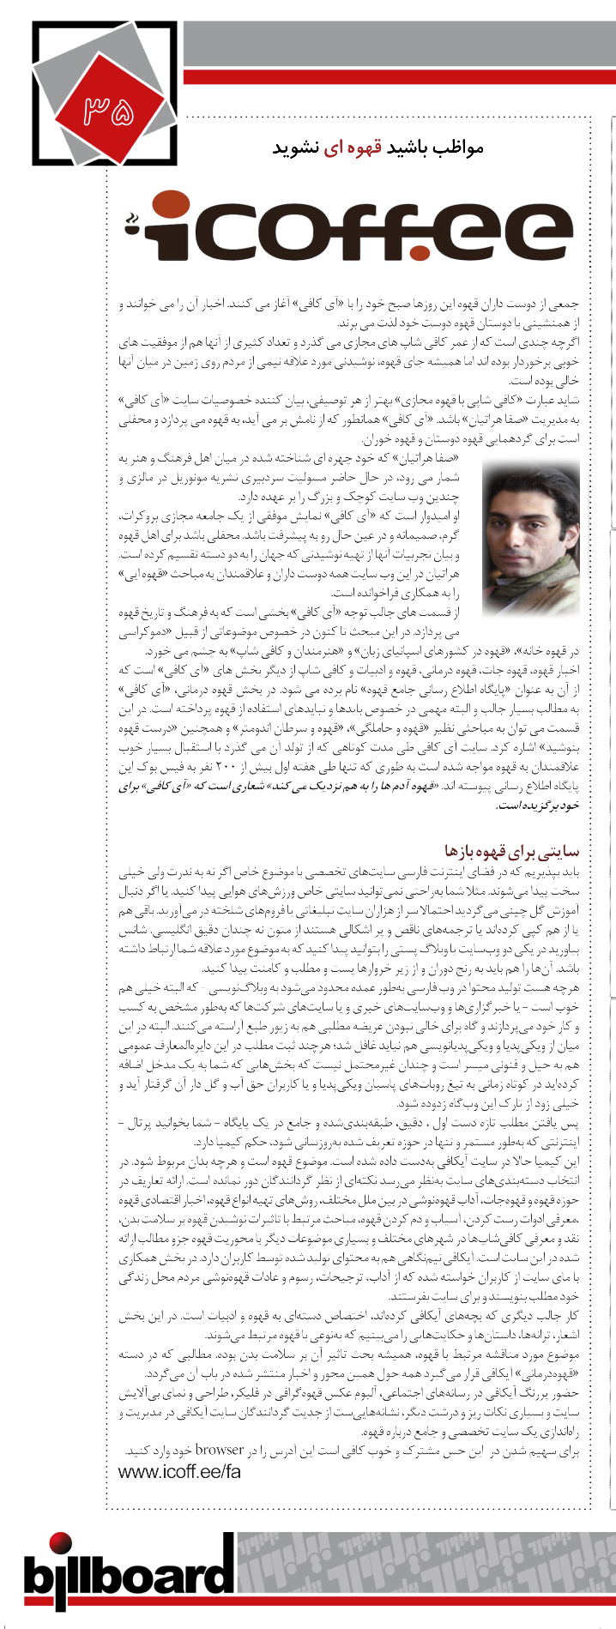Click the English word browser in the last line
[x=220, y=1450]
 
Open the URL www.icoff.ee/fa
[x=179, y=1471]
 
